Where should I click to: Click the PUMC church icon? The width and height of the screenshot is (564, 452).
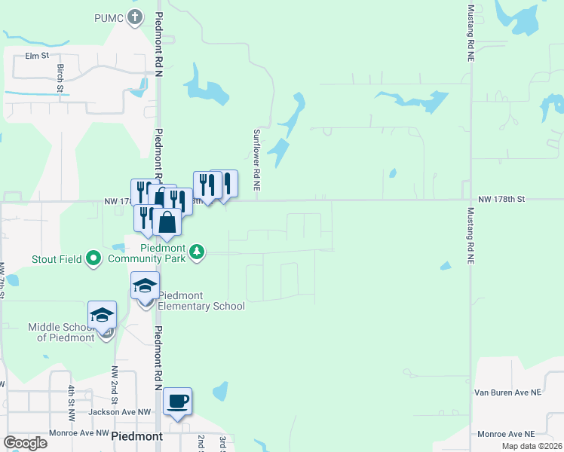(x=135, y=18)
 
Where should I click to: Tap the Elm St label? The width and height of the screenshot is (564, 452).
(x=36, y=56)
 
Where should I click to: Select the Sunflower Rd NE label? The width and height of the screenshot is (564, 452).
(x=256, y=158)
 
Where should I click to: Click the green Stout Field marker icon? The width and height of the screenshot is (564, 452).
(x=93, y=259)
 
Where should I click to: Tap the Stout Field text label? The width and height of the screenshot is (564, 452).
(x=57, y=260)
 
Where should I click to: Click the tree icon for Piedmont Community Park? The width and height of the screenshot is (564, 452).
(x=197, y=252)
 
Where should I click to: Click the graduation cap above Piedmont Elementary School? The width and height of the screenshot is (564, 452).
(x=145, y=286)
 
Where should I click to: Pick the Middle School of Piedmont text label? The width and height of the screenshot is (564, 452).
(x=68, y=332)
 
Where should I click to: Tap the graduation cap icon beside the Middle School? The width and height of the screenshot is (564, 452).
(x=102, y=315)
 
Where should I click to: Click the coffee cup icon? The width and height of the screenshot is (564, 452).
(x=177, y=401)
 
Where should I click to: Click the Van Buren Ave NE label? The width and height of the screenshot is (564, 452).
(x=507, y=392)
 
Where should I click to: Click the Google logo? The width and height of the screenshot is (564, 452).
(x=26, y=442)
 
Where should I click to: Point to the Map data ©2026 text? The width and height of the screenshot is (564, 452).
(x=531, y=446)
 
